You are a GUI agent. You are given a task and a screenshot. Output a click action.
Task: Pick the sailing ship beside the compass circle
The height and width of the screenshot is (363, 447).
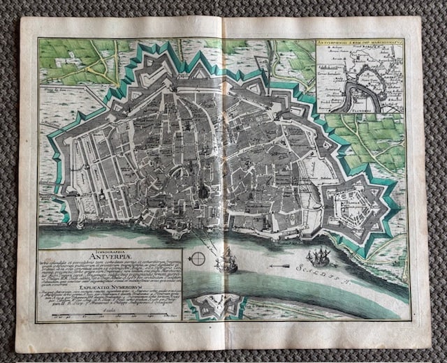click(x=229, y=261)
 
